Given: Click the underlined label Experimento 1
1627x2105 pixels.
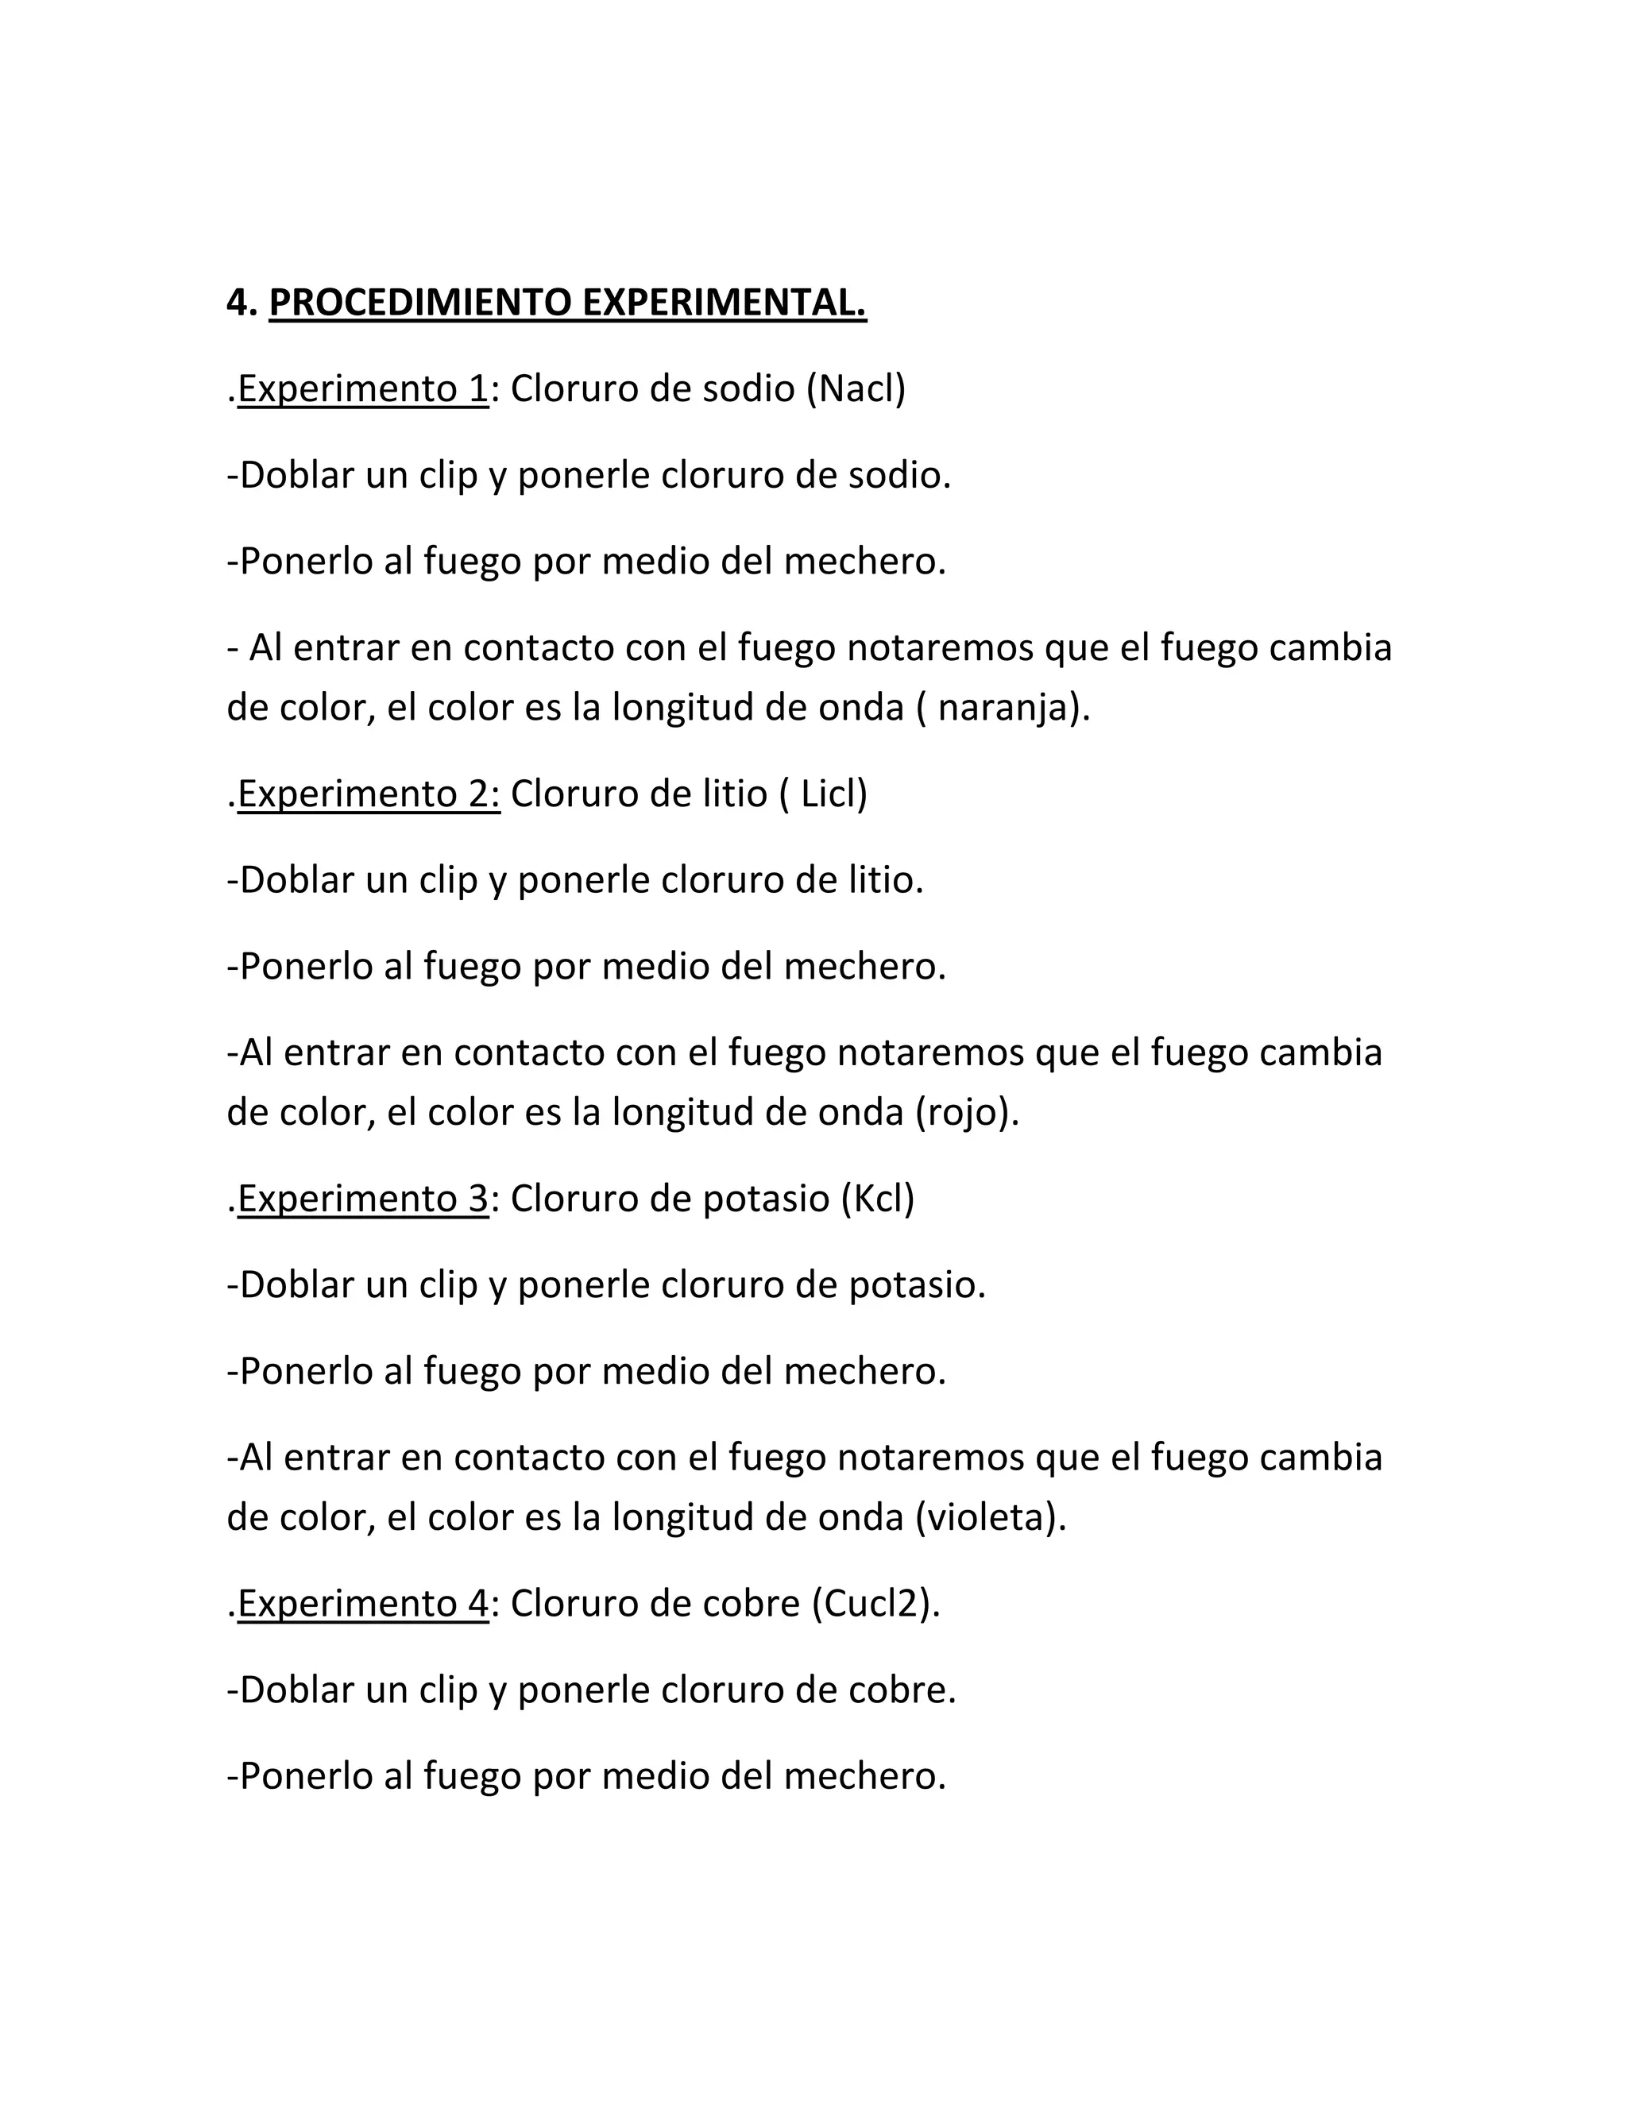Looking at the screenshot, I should [362, 388].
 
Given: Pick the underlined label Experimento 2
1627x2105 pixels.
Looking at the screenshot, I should [368, 794].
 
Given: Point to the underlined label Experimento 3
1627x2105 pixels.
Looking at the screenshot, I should [362, 1198].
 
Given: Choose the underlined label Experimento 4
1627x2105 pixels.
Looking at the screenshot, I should [362, 1603].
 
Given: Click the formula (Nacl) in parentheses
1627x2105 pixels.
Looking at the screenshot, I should [856, 388].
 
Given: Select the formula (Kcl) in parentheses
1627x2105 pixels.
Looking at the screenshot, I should [877, 1198].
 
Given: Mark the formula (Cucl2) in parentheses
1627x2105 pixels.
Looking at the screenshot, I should [872, 1603].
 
